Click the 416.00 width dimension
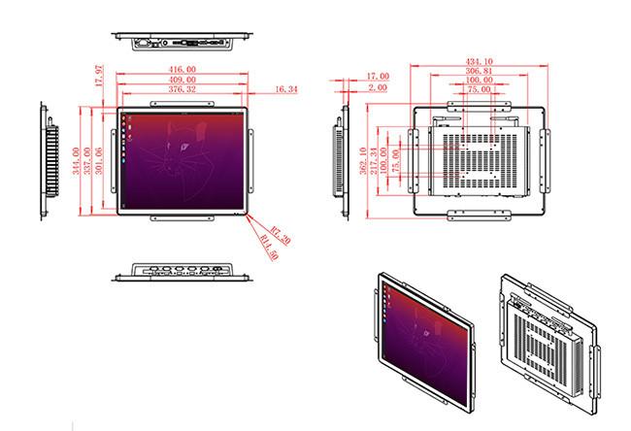tap(183, 70)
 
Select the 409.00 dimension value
tap(183, 80)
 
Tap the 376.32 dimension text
tap(183, 89)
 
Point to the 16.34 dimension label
tap(286, 89)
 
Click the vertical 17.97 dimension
tap(99, 76)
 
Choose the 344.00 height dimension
tap(76, 161)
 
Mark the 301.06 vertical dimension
tap(99, 161)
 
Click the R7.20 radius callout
tap(281, 236)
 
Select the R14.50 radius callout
tap(269, 248)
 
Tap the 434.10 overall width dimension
tap(480, 61)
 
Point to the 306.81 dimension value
tap(480, 71)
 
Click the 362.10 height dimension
tap(363, 161)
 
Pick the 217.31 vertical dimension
tap(374, 161)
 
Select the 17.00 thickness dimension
tap(378, 76)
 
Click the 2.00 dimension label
tap(378, 87)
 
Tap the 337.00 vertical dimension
tap(87, 161)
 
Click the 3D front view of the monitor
tap(425, 343)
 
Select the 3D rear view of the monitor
tap(549, 345)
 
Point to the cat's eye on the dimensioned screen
tap(183, 147)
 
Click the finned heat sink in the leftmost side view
tap(52, 161)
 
